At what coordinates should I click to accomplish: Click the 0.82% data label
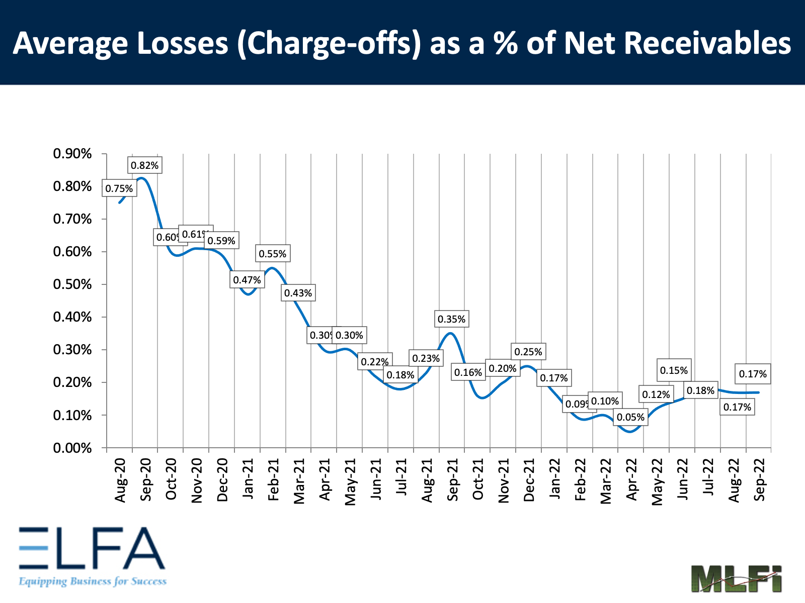click(145, 165)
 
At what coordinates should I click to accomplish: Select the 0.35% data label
click(451, 319)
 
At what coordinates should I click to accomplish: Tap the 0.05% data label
click(630, 417)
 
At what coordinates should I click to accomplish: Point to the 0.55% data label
click(272, 254)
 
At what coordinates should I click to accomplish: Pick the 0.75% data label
click(119, 188)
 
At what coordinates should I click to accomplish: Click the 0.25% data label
click(528, 352)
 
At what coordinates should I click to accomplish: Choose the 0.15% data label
click(674, 370)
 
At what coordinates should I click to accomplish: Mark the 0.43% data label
click(298, 293)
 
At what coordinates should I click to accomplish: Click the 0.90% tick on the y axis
click(72, 154)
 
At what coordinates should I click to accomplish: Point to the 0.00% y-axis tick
click(72, 448)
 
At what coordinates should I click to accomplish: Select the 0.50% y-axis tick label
click(72, 284)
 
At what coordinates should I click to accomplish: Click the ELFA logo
click(92, 556)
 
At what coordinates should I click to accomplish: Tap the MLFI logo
click(736, 578)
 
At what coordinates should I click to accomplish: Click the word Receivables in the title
click(677, 43)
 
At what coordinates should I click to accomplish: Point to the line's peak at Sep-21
click(451, 333)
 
